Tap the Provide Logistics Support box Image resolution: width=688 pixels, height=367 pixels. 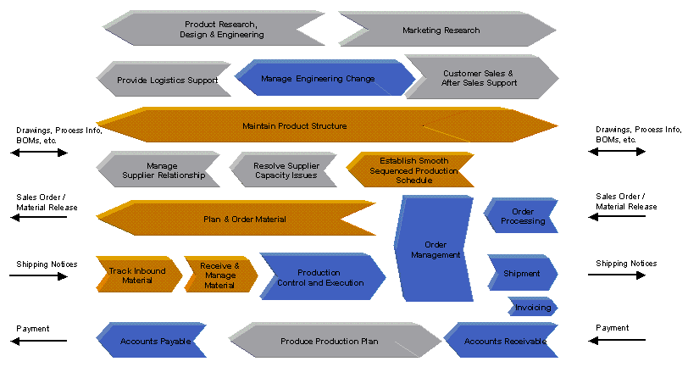167,79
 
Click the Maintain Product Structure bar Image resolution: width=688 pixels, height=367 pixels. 327,125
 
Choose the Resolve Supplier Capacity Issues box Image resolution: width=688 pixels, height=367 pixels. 286,170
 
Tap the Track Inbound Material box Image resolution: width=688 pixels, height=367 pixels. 139,275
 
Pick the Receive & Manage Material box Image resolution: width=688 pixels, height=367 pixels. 220,275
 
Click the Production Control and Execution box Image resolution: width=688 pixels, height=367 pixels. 323,277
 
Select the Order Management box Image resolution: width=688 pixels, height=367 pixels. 435,249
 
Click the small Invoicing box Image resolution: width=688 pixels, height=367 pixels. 533,307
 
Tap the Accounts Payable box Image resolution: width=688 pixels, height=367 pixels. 153,341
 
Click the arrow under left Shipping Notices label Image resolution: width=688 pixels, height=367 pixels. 39,276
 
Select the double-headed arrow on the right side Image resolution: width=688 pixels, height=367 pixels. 617,152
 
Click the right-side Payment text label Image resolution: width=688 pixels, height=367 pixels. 612,328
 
